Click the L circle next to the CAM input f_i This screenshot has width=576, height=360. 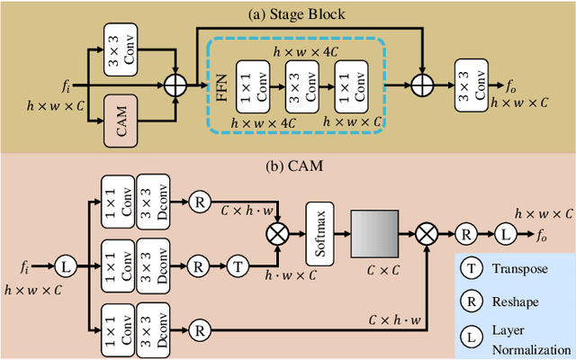(65, 266)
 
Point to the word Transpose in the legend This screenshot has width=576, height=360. (513, 268)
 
